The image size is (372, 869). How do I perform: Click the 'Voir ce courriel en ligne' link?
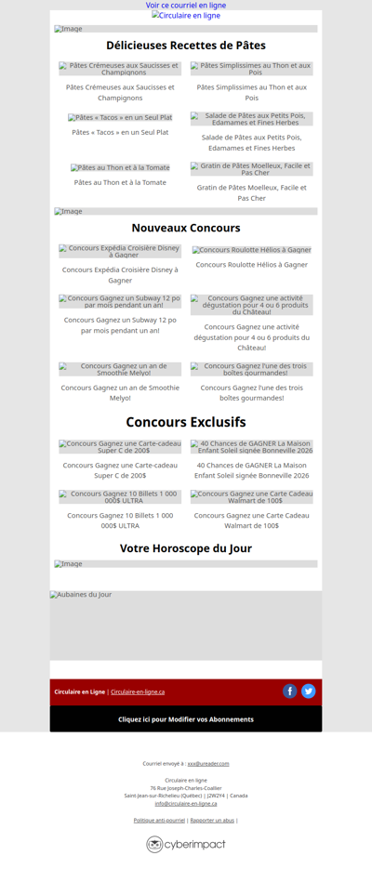(186, 6)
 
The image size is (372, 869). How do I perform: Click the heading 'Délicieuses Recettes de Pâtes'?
(186, 46)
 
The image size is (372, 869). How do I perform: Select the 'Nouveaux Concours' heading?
(186, 228)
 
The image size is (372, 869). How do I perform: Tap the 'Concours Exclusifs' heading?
(186, 422)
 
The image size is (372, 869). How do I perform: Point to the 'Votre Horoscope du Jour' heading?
(186, 548)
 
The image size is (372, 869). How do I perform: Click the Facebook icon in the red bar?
(290, 691)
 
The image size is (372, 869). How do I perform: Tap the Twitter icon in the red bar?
(309, 691)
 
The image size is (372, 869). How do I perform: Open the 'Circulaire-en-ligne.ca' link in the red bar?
(138, 691)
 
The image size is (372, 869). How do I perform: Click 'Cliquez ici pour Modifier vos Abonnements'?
(186, 719)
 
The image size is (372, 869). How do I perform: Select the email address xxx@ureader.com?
(208, 763)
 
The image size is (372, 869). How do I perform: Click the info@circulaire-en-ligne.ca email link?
(186, 803)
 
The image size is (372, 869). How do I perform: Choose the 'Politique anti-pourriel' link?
(159, 821)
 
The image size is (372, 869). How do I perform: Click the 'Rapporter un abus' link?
(212, 821)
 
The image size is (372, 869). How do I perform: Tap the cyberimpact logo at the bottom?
(186, 844)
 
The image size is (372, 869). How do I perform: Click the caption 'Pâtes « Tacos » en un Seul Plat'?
(120, 133)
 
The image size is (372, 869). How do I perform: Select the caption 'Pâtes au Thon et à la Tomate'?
(120, 183)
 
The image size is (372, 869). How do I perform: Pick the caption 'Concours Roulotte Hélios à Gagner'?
(251, 265)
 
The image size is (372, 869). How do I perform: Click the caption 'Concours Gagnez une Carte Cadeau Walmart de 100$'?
(251, 520)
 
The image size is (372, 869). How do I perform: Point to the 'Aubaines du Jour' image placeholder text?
(81, 595)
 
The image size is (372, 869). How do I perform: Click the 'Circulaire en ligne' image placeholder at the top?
(186, 16)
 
